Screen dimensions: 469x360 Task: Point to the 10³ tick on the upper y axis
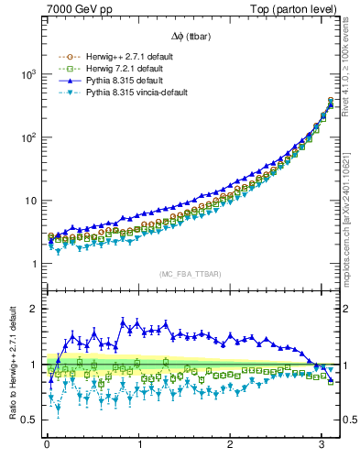(26, 74)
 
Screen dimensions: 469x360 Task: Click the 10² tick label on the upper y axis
(26, 137)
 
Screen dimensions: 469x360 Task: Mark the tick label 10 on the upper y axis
(28, 201)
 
